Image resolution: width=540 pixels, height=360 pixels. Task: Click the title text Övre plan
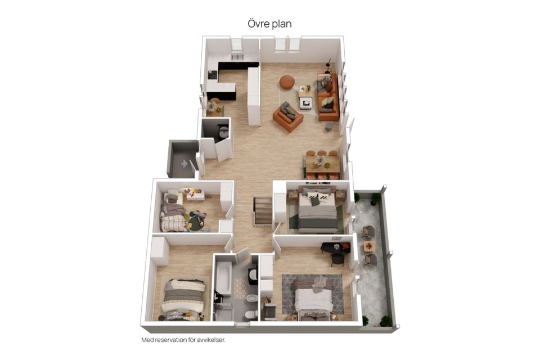[x=269, y=24]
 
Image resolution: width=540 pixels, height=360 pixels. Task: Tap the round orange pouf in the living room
[x=286, y=82]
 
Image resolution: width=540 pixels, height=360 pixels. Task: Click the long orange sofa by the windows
[x=328, y=97]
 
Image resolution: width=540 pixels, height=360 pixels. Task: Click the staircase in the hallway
[x=263, y=210]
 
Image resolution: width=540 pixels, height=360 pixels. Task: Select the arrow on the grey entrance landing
[x=184, y=163]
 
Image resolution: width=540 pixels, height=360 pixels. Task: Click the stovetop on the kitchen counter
[x=213, y=75]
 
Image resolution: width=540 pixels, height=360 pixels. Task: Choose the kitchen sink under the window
[x=237, y=57]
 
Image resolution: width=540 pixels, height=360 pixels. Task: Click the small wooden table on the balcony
[x=369, y=246]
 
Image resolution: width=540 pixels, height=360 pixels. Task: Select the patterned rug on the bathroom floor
[x=241, y=288]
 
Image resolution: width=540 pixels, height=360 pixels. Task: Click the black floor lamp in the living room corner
[x=328, y=65]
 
